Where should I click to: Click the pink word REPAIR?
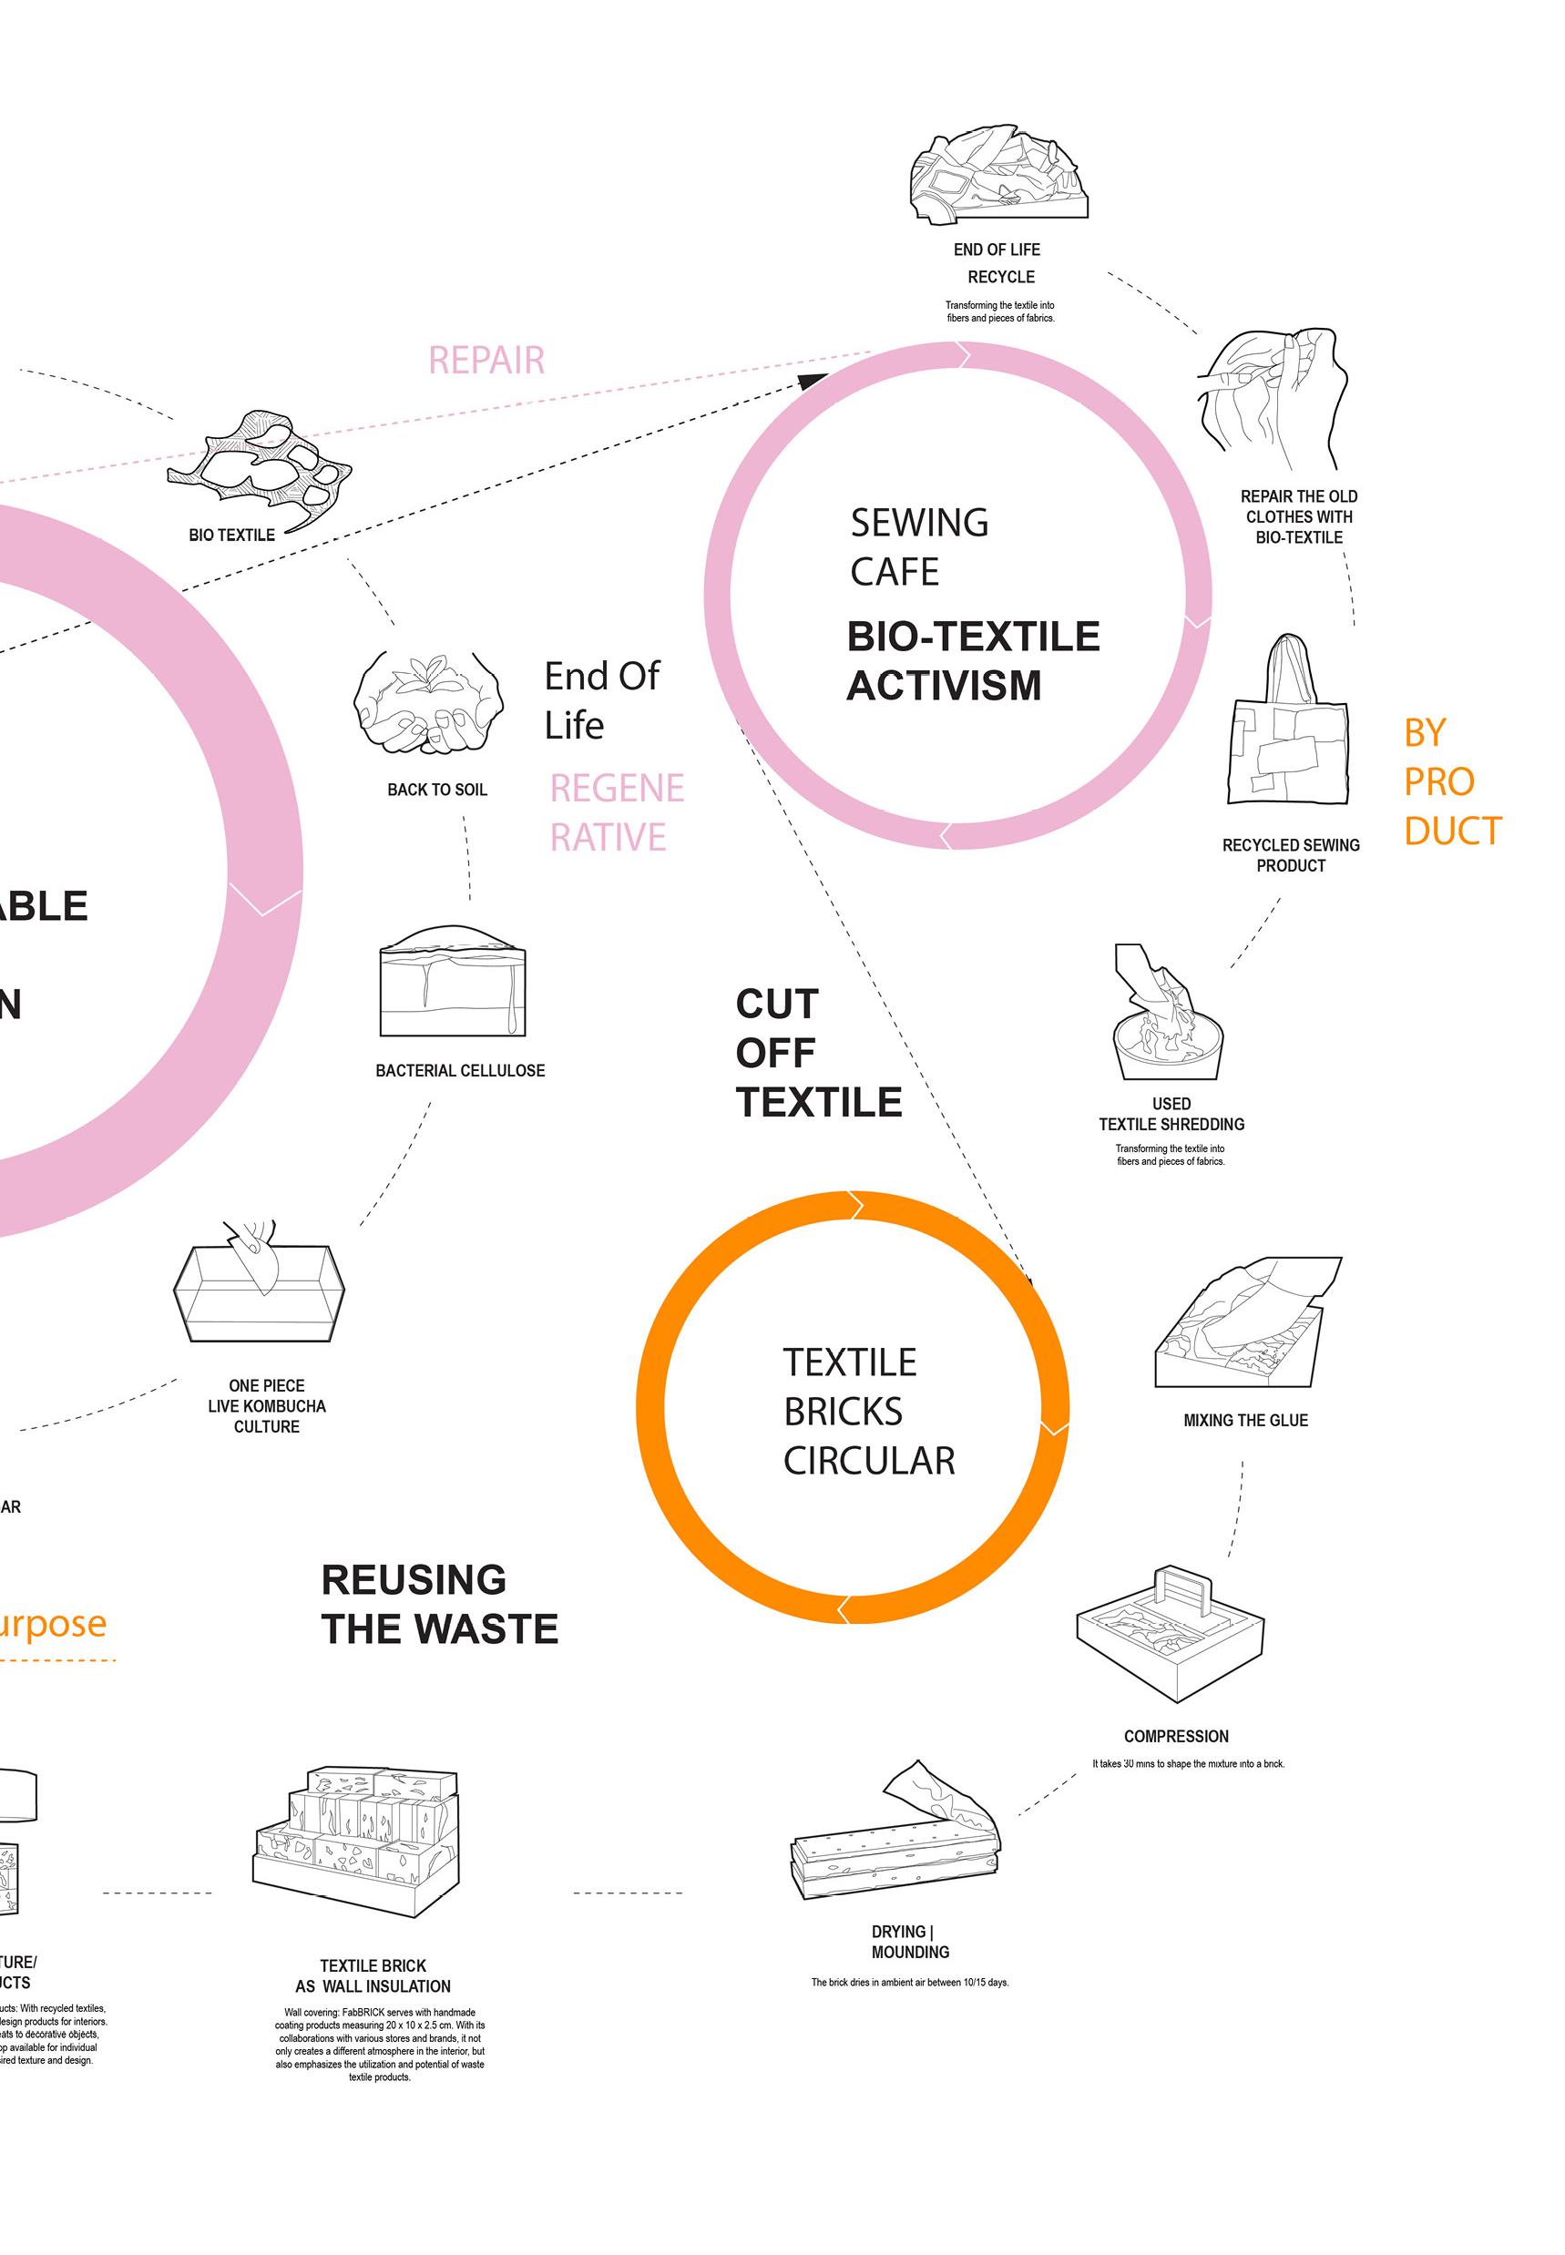click(486, 361)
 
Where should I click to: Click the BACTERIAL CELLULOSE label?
click(460, 1071)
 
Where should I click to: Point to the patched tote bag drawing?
click(1287, 725)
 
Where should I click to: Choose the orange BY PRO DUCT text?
click(1451, 781)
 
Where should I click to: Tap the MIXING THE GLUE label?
click(1245, 1420)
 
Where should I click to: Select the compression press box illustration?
click(1170, 1630)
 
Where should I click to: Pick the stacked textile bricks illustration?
click(358, 1841)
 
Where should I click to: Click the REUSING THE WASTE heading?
click(439, 1604)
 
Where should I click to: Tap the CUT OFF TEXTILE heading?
click(818, 1053)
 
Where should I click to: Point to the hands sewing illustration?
click(1273, 400)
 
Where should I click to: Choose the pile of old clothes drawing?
click(998, 177)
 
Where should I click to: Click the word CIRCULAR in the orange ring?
click(869, 1461)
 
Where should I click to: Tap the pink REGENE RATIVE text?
click(616, 812)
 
